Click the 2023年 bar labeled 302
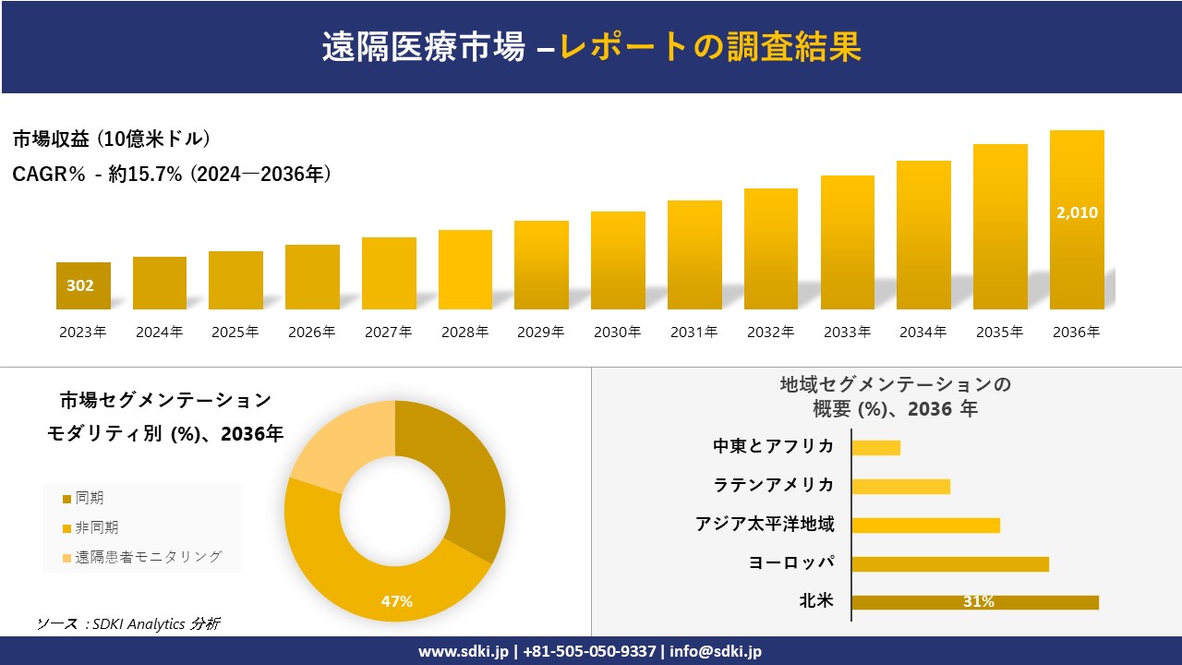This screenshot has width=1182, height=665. [83, 285]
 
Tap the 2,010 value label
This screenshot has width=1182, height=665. [1077, 212]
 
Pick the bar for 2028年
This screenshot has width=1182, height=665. [465, 270]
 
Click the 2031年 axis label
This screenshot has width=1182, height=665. [694, 332]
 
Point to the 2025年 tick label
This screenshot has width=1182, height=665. [235, 332]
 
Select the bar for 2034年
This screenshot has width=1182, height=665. [923, 235]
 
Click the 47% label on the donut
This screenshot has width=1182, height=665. [397, 601]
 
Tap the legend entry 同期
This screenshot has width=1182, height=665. [89, 499]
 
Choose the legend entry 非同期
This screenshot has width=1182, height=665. [96, 527]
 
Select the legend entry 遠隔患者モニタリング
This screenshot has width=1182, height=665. [148, 557]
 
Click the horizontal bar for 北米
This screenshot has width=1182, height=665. [974, 602]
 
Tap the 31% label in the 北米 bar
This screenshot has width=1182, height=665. [978, 602]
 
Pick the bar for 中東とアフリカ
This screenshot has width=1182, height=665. [875, 448]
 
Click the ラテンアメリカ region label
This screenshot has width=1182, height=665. [773, 485]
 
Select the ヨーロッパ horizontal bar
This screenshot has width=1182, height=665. [949, 563]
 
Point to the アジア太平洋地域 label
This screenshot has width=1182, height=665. [765, 525]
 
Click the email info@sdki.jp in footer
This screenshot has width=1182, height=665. [716, 651]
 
